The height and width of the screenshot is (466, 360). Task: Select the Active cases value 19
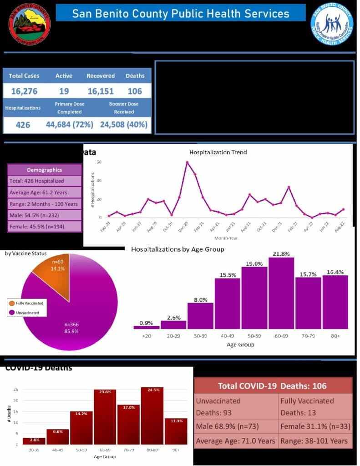[64, 91]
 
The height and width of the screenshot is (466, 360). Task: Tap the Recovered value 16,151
[101, 91]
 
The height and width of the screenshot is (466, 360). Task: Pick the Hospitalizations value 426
[23, 124]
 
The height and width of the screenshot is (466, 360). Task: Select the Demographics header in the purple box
[45, 170]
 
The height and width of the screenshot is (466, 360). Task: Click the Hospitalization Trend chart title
[218, 152]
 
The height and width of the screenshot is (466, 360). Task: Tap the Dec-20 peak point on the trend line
[187, 162]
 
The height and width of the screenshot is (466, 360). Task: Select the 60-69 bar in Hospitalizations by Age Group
[281, 294]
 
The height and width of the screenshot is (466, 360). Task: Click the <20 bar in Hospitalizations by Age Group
[146, 327]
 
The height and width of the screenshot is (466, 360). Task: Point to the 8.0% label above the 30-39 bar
[200, 300]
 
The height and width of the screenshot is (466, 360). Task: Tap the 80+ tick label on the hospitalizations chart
[335, 336]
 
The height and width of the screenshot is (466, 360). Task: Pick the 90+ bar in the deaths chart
[176, 431]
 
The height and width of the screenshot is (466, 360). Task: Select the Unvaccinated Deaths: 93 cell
[236, 406]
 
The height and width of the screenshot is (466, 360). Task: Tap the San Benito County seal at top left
[30, 24]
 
